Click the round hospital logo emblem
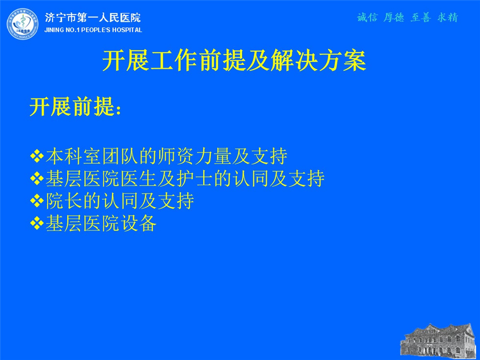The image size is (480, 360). tap(23, 24)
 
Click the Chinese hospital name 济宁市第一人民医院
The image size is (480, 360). tap(93, 18)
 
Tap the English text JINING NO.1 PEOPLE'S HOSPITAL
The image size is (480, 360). tap(93, 30)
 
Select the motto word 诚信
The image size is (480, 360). tap(367, 18)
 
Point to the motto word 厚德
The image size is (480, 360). tap(394, 18)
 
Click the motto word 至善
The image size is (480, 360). tap(421, 18)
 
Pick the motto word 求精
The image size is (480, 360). tap(448, 18)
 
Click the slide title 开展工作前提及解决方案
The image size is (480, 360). tap(234, 60)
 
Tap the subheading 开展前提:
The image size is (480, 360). tap(75, 107)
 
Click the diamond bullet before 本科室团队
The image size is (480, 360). tap(37, 156)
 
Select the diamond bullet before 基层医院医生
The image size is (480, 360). tap(37, 179)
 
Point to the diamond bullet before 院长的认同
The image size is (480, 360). tap(37, 201)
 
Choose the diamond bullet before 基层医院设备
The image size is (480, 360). tap(37, 223)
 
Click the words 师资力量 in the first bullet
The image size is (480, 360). tap(194, 156)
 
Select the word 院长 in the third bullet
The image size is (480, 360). tap(64, 201)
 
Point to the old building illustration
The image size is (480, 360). tap(440, 341)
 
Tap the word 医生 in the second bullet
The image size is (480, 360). tap(139, 179)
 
